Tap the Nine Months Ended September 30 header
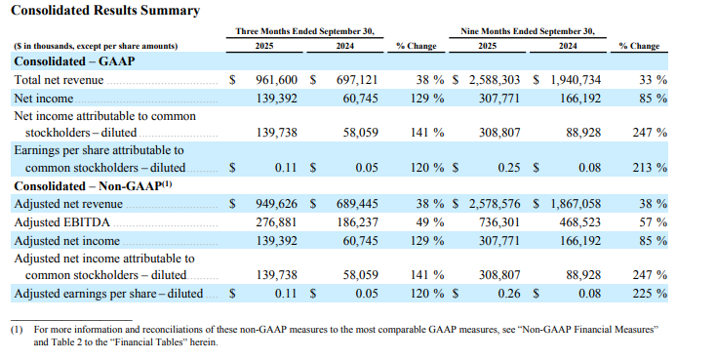[x=528, y=31]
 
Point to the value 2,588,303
[x=499, y=79]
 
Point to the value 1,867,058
[x=579, y=204]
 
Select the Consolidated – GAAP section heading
[x=73, y=61]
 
